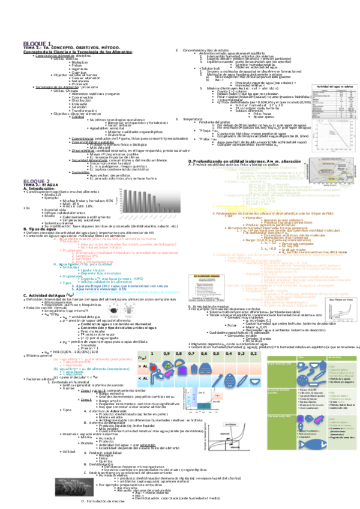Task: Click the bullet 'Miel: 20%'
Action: (80, 186)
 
